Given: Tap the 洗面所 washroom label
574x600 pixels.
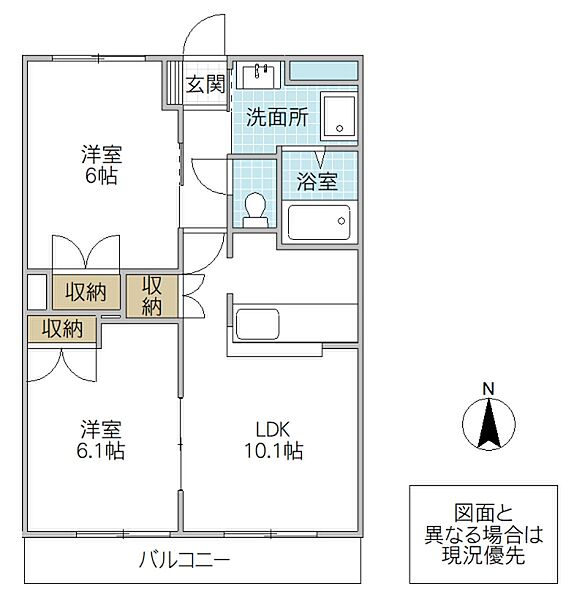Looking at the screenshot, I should tap(276, 116).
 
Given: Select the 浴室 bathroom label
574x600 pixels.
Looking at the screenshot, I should tap(317, 182).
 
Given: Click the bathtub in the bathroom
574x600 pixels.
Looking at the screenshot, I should tap(319, 221).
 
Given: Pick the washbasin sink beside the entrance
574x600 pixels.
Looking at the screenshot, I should tap(264, 76).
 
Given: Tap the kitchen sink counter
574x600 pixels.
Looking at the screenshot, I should tap(258, 325).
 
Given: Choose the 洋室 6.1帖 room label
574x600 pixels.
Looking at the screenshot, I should tap(102, 440).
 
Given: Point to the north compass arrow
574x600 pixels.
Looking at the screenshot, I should tap(488, 425).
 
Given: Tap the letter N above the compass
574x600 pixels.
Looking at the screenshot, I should tap(488, 389).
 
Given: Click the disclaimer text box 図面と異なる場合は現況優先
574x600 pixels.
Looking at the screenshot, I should tap(483, 535).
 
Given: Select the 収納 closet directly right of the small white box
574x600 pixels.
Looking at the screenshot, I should tap(86, 292).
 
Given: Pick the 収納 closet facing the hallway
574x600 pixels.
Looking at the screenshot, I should tap(152, 296).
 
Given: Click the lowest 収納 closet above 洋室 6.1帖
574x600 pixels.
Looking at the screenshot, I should tap(61, 328).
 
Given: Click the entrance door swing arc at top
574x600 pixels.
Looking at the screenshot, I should tap(205, 35).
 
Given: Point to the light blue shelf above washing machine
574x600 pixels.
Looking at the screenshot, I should tap(323, 71).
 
